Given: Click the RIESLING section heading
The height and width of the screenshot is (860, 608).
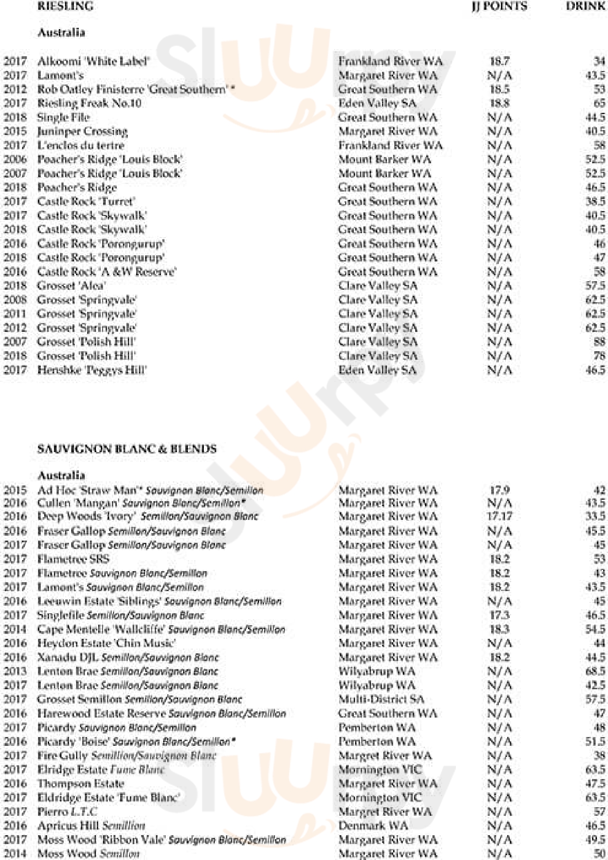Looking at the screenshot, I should pos(65,6).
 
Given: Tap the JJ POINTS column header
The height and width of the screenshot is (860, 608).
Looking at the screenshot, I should pos(499,6).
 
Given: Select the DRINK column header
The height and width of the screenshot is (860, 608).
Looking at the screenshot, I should pos(585,6).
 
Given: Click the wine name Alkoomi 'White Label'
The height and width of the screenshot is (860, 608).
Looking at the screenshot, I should pos(93,61).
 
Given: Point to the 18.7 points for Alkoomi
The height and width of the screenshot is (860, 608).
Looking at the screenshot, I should pos(499,61).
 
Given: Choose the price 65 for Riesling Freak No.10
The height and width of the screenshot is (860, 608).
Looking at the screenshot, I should pos(599,103).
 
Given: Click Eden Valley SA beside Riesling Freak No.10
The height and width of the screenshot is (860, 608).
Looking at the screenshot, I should pos(377,103).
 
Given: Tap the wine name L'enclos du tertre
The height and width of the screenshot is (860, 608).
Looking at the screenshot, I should pos(80,145).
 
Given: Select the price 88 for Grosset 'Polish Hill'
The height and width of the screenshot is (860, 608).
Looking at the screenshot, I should pos(599,342).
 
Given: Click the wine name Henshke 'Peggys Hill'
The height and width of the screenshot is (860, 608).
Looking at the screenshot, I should pos(92,370).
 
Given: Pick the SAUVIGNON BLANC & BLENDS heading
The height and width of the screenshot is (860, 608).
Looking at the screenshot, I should pos(127,449).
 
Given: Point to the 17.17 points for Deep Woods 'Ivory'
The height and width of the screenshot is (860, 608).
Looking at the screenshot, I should pos(499,516).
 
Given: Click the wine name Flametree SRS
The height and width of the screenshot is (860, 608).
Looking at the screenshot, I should pos(73,559).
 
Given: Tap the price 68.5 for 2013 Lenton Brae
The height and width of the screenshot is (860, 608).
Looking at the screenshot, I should pos(595,671).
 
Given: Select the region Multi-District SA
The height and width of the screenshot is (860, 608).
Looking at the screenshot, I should pos(381,699).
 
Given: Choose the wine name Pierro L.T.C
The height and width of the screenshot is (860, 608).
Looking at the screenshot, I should pos(67,811).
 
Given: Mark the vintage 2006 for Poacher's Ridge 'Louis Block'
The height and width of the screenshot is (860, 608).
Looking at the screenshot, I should pos(15,159).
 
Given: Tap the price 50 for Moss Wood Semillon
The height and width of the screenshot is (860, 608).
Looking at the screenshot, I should pos(599,853).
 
